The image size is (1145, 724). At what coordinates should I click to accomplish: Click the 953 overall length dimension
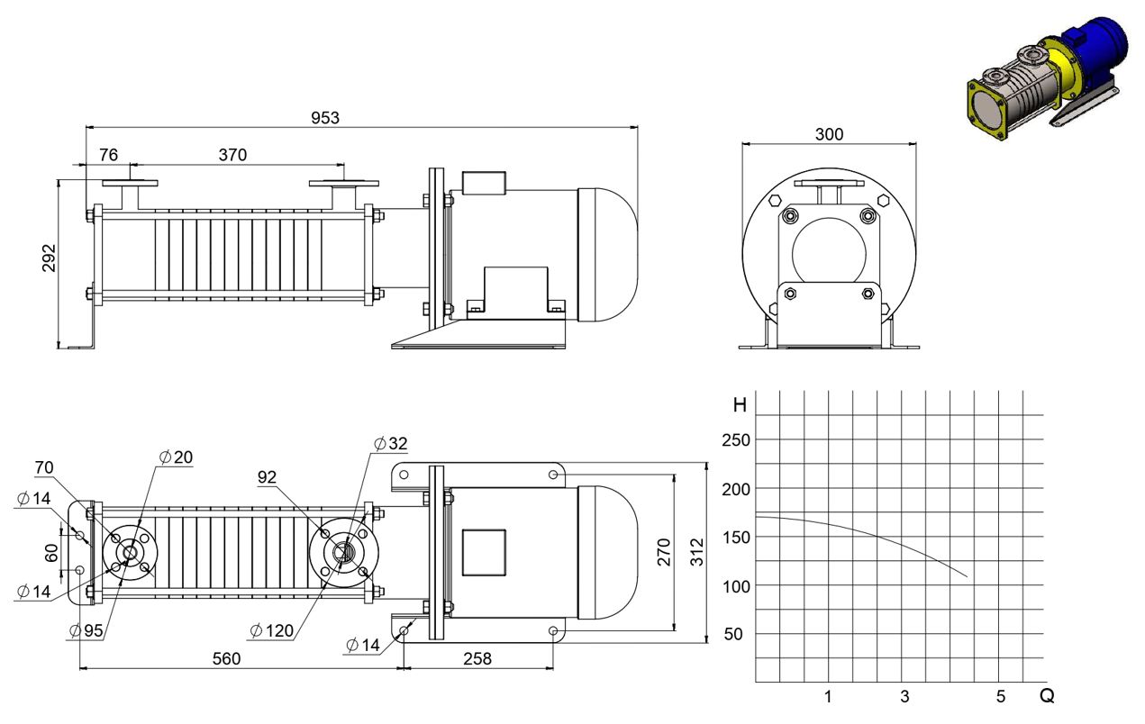point(325,118)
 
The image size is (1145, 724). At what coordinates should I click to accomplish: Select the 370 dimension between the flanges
point(232,155)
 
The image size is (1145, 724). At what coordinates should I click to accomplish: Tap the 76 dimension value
point(108,155)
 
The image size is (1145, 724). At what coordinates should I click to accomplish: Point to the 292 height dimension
point(49,258)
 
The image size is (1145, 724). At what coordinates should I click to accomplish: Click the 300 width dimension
point(829,134)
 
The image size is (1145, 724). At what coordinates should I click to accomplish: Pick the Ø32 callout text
point(391,443)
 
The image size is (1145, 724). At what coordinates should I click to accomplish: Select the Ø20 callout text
point(176,457)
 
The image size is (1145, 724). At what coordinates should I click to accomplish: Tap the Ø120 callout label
point(272,631)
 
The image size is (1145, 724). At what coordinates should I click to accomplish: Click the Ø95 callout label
point(86,631)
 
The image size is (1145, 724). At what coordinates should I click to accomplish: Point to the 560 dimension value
point(226,659)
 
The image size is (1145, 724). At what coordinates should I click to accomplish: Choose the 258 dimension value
point(477,659)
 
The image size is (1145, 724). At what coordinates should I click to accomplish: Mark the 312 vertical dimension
point(697,552)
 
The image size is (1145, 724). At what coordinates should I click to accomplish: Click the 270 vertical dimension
point(664,552)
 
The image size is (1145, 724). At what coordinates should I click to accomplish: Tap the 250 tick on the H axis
point(736,440)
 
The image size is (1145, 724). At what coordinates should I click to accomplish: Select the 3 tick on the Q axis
point(904,696)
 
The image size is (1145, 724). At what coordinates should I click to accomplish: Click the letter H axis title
point(740,405)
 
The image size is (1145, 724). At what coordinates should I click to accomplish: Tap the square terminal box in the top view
point(484,553)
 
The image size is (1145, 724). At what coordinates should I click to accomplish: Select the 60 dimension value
point(51,553)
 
